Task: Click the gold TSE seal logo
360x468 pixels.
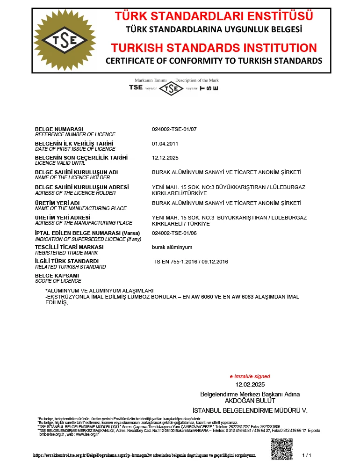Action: [x=64, y=41]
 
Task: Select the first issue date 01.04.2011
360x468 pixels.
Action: [x=165, y=144]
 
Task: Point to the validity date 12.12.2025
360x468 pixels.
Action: [x=165, y=158]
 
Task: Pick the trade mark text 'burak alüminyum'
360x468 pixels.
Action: [x=172, y=247]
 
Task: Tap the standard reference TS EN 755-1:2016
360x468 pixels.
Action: [x=191, y=262]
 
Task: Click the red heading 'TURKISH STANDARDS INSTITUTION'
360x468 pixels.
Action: [x=214, y=48]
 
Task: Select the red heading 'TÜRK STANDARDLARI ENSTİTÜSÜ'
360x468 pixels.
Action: [x=214, y=16]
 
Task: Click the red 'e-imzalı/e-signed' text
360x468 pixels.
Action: [x=250, y=376]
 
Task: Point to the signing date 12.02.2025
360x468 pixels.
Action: [x=250, y=385]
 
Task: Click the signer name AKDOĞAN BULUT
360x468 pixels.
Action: [x=250, y=401]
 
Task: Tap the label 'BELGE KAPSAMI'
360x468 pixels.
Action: [x=57, y=276]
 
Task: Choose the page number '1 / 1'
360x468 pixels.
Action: [x=307, y=455]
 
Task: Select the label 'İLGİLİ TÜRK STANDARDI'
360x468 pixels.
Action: [x=67, y=261]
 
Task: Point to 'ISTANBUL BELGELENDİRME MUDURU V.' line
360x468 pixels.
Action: [x=250, y=410]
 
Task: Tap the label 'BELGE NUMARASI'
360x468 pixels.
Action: [x=59, y=129]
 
